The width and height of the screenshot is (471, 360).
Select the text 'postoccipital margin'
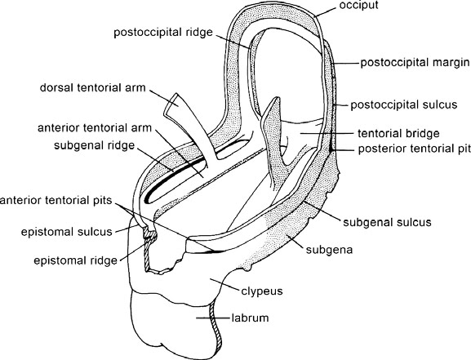(x=412, y=62)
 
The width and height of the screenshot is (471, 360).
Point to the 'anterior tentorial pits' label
(x=56, y=202)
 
